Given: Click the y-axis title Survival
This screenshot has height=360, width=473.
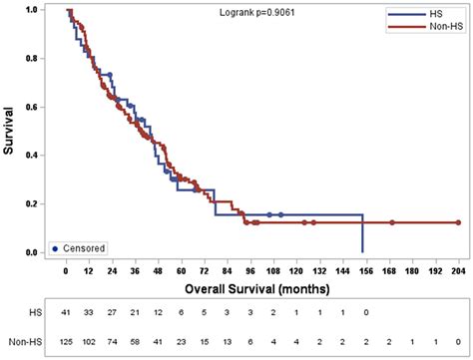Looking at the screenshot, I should pyautogui.click(x=13, y=132).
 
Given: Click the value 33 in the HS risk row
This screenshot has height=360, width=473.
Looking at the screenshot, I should pyautogui.click(x=90, y=313).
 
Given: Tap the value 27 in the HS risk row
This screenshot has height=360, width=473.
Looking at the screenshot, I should pyautogui.click(x=113, y=313).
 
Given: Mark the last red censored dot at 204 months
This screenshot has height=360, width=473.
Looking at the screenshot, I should pyautogui.click(x=457, y=222).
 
